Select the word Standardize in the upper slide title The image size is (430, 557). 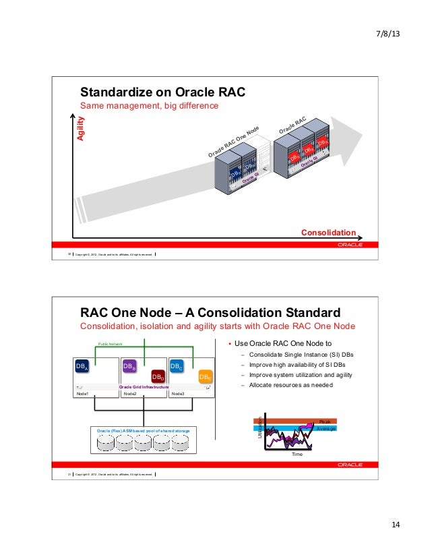117,92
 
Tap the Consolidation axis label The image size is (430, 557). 328,232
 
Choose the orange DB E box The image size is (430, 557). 206,376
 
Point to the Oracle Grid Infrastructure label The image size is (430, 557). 144,387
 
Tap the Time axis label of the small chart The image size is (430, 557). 297,455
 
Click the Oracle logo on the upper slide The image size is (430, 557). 350,245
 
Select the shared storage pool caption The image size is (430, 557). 143,430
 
